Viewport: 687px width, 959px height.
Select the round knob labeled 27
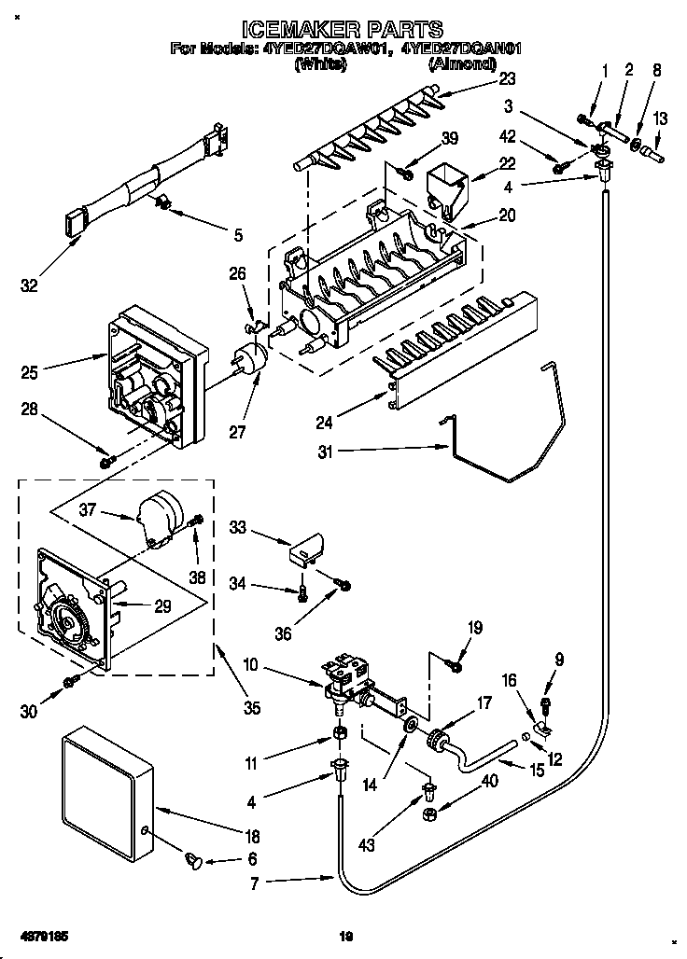point(249,359)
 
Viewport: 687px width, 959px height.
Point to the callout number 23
point(506,80)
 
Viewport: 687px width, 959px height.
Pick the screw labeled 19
point(456,664)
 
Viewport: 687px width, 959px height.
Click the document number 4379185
point(42,934)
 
